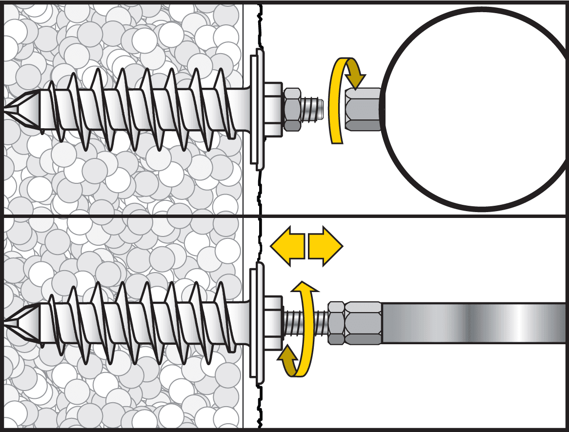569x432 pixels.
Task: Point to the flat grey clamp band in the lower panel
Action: pyautogui.click(x=473, y=322)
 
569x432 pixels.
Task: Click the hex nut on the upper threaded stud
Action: pyautogui.click(x=292, y=109)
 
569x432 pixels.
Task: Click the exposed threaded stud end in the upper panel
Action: pyautogui.click(x=312, y=109)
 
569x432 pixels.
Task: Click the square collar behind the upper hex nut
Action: pyautogui.click(x=273, y=109)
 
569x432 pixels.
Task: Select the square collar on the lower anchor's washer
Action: pyautogui.click(x=273, y=322)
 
